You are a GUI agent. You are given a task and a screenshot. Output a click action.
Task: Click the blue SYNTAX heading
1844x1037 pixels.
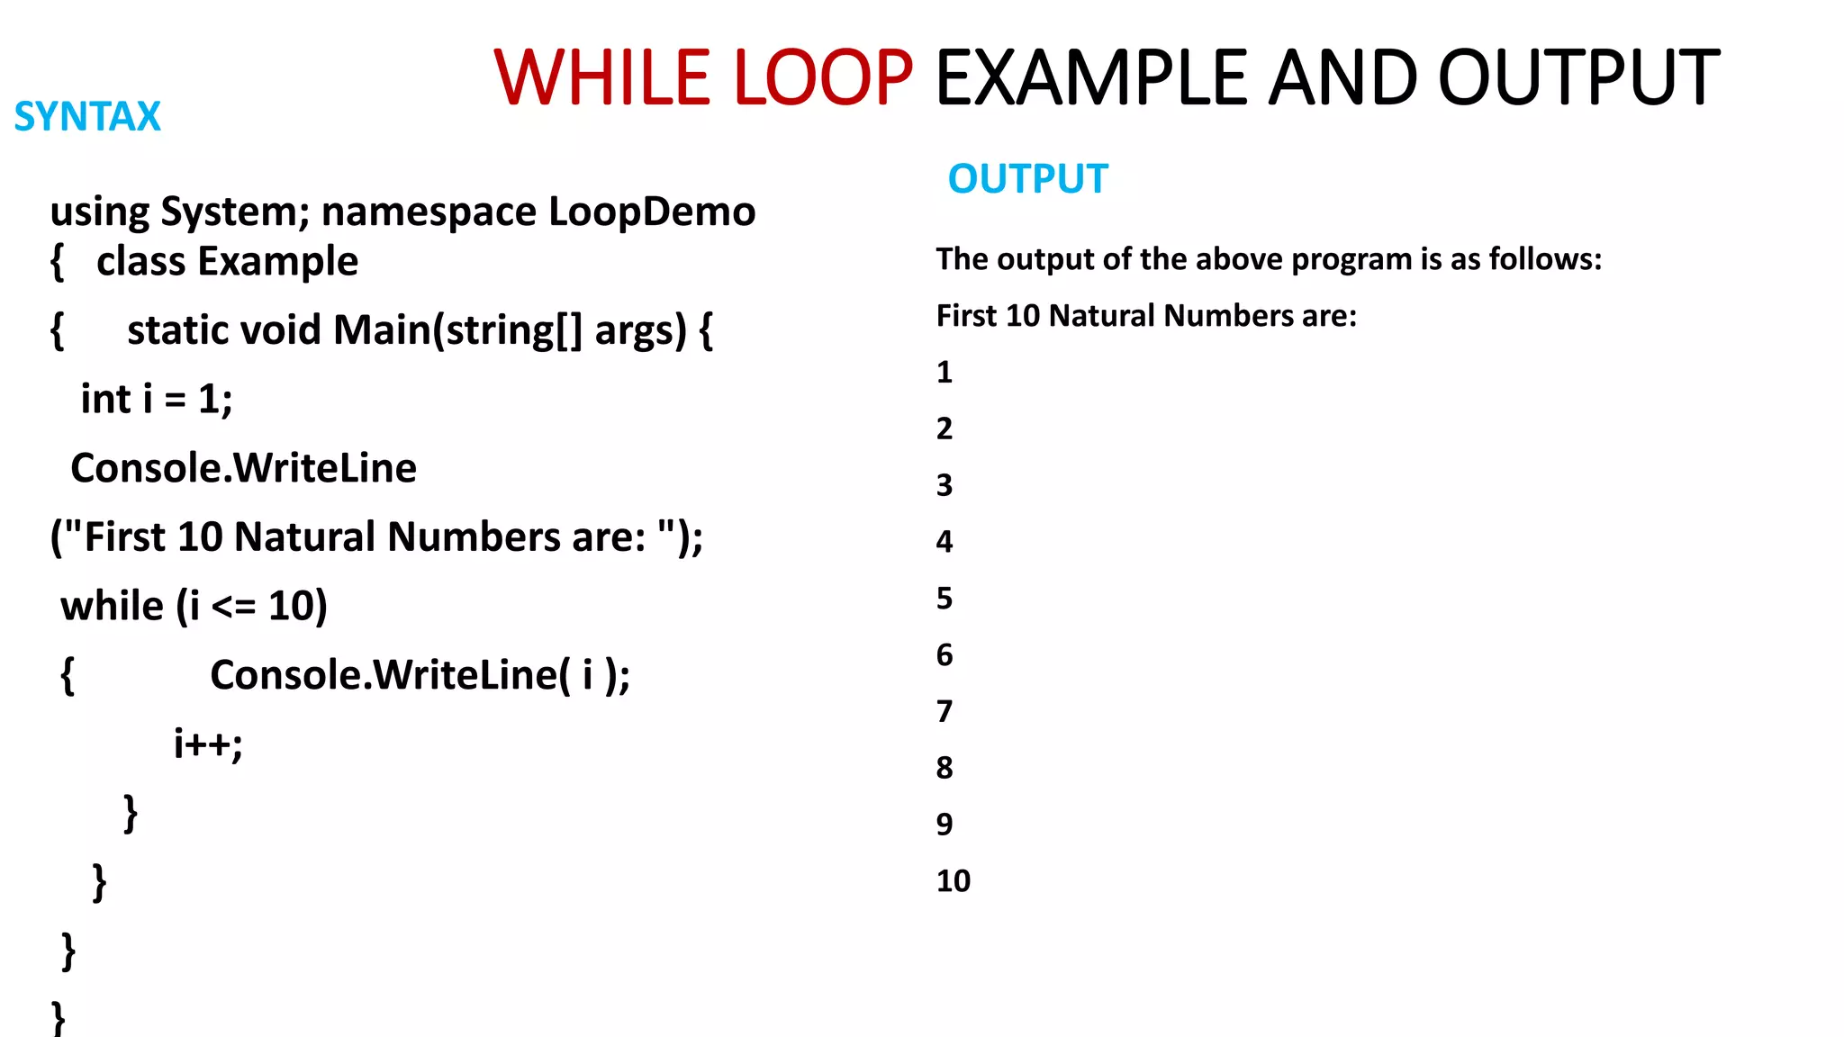[87, 117]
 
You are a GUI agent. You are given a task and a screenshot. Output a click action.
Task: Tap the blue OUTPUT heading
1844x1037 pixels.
[1027, 179]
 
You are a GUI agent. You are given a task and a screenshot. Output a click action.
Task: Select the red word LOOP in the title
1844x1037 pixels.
[823, 78]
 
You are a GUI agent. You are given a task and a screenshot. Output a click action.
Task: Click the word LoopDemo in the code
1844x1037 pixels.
[652, 212]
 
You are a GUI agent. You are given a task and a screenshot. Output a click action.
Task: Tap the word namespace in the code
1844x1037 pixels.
[429, 212]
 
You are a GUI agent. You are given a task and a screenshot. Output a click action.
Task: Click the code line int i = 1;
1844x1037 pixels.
[157, 400]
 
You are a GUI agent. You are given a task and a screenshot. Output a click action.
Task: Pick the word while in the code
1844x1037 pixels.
[112, 606]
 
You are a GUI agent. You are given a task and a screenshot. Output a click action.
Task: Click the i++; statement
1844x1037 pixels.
[208, 744]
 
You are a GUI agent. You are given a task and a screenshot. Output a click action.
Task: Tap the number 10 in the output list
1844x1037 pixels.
[953, 880]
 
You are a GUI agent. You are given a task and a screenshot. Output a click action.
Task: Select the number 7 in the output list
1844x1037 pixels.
[944, 711]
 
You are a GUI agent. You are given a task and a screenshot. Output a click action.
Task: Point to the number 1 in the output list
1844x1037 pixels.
[944, 372]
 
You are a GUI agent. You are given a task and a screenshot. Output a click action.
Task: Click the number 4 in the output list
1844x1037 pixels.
[944, 541]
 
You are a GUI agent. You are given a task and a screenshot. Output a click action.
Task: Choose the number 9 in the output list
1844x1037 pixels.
[944, 824]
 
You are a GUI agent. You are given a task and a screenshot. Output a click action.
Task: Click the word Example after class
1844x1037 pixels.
[277, 262]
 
